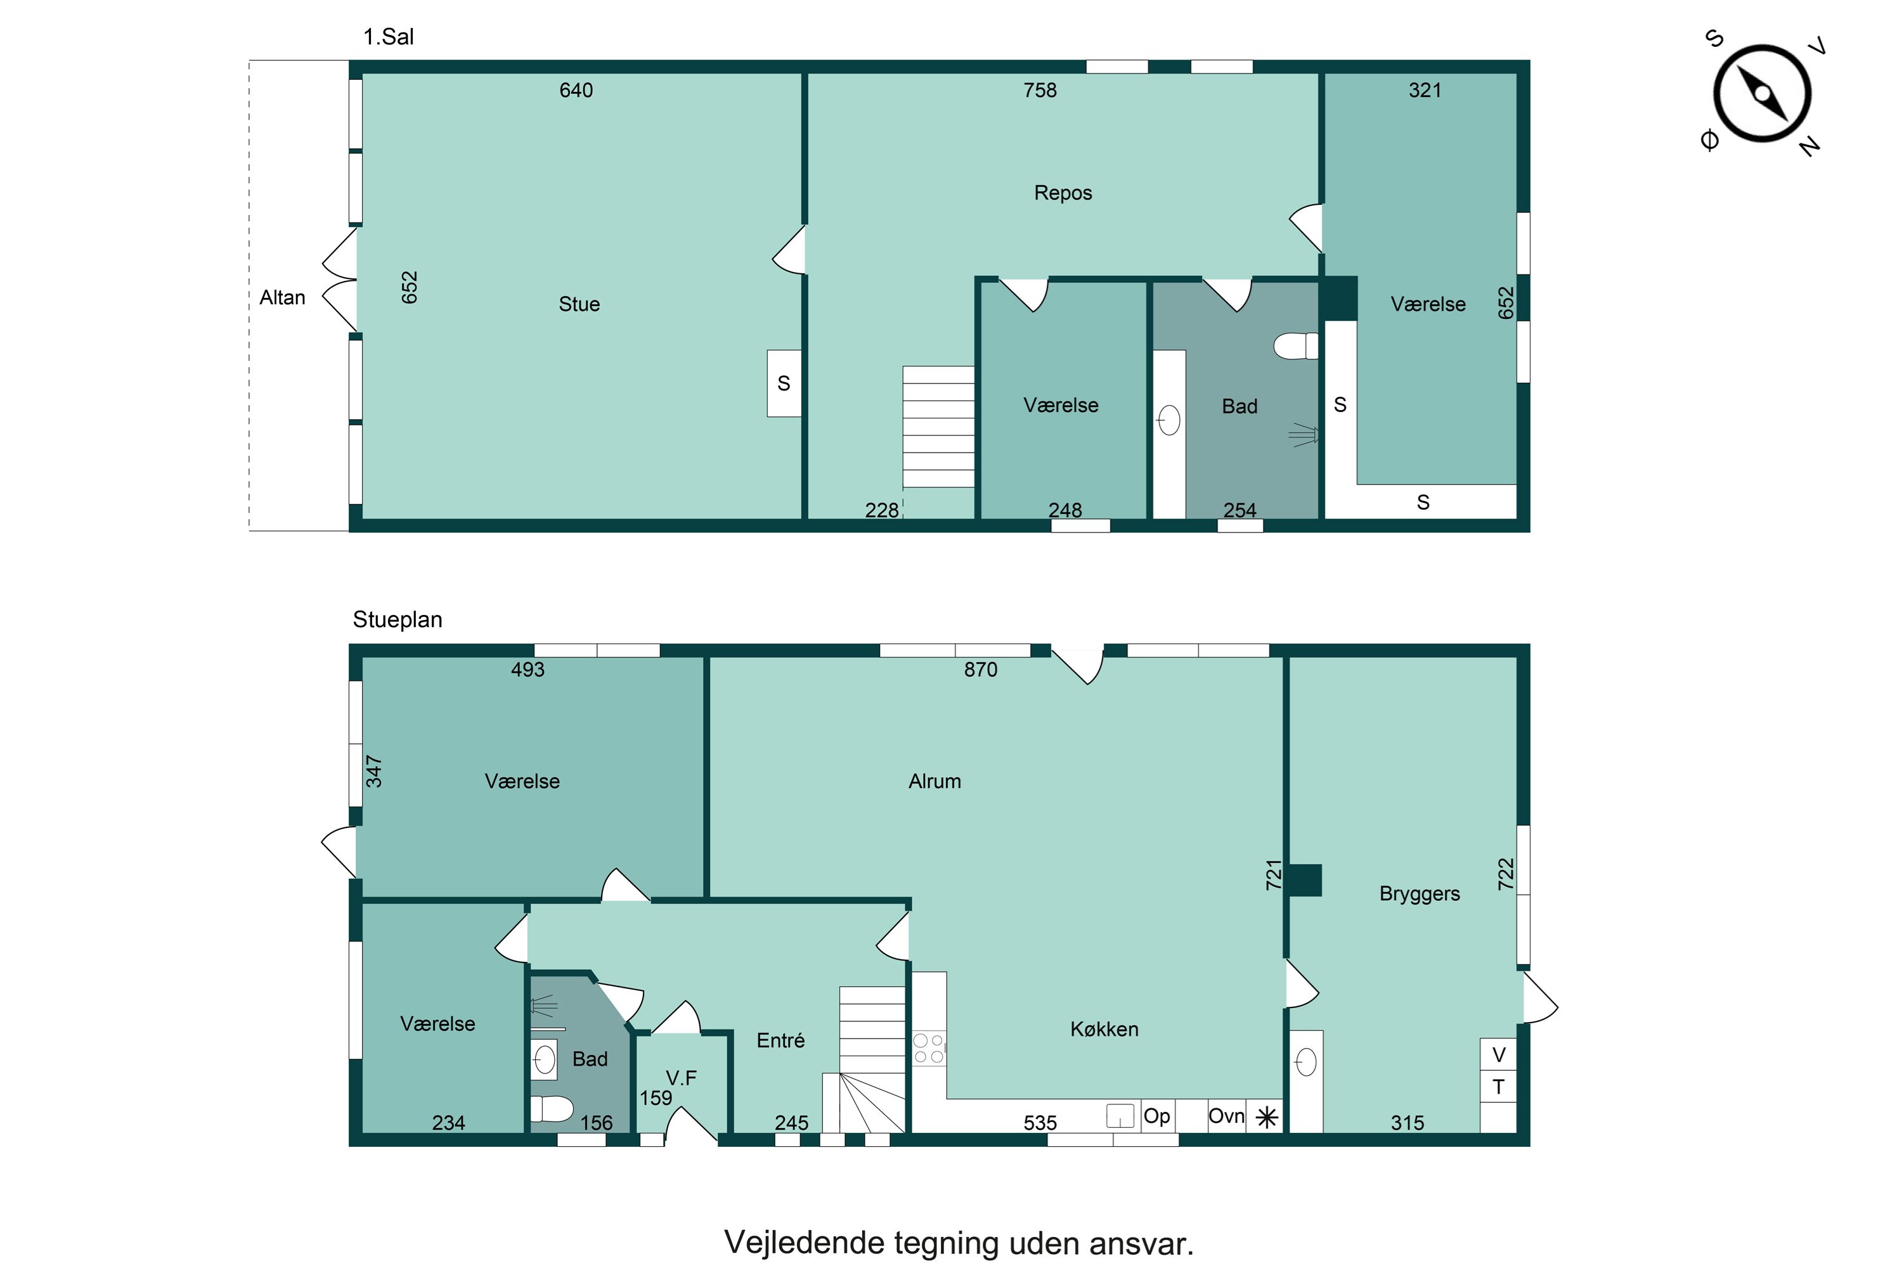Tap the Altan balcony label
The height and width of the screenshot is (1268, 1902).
pos(282,297)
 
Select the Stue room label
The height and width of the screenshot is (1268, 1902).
pos(579,304)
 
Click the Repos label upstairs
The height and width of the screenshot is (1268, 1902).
pos(1063,193)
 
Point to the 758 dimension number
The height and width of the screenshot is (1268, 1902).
pos(1040,90)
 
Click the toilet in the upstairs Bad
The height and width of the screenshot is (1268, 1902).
pos(1295,346)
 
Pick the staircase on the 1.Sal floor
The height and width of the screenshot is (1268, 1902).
pos(938,427)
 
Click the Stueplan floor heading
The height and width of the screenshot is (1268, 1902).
pos(397,619)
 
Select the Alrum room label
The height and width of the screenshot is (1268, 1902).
pos(935,781)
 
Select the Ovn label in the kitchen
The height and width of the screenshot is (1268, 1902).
pos(1226,1116)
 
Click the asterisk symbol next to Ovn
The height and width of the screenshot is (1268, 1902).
pos(1266,1118)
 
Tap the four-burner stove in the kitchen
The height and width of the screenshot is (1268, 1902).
pos(929,1048)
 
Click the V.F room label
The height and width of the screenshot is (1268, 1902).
pos(681,1078)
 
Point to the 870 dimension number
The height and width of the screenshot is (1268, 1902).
pos(980,670)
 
